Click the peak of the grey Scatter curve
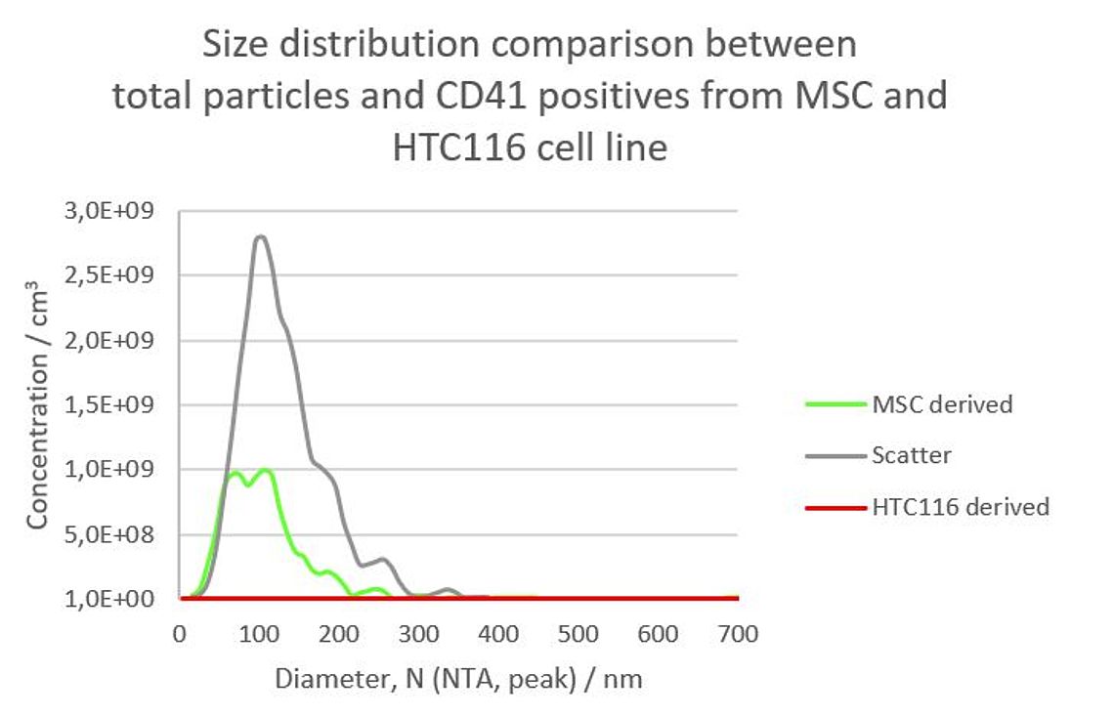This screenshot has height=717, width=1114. pos(260,236)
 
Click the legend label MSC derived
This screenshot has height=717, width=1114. pos(942,403)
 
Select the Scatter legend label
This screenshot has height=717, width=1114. pos(911,455)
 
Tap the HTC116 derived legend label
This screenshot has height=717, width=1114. pos(961,507)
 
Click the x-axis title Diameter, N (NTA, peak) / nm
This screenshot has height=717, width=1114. pos(458,679)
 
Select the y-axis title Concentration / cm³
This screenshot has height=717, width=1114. pos(38,405)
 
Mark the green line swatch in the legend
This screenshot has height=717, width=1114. pos(835,403)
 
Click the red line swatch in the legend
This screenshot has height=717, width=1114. pos(835,507)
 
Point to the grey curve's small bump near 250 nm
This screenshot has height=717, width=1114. pos(383,560)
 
